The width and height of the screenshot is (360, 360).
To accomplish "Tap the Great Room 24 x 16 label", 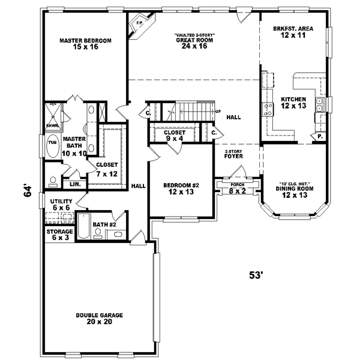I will coord(194,41).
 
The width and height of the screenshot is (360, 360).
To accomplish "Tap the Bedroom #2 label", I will coord(181,189).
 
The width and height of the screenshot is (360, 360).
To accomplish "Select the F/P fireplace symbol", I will coord(139,25).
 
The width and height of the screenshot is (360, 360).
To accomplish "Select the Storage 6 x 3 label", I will coord(60,235).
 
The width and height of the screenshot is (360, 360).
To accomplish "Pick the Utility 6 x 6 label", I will coord(61,204).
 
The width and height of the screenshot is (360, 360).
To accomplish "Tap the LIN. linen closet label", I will coord(74,184).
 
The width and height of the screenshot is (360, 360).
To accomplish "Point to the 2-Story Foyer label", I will coord(233,154).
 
